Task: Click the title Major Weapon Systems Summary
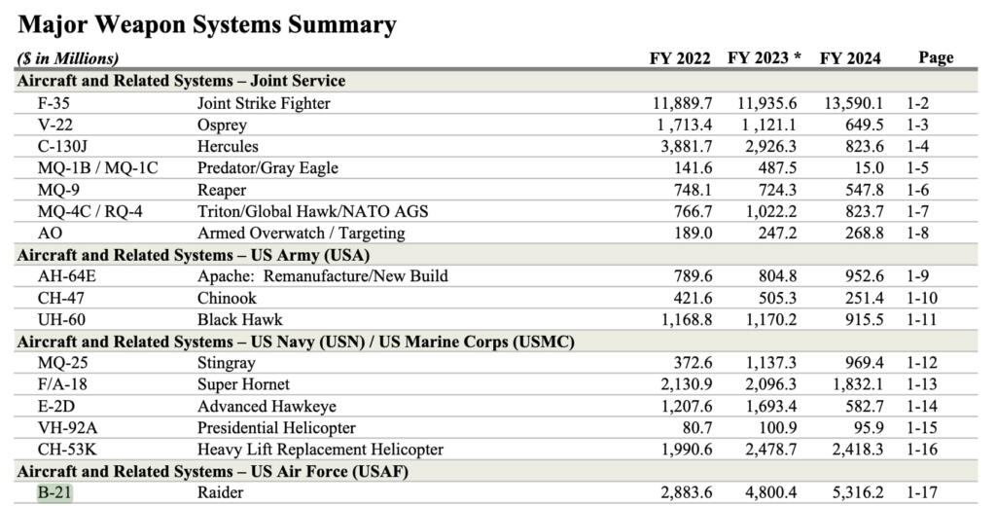pos(207,24)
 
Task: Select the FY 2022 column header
pos(680,58)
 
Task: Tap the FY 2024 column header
pos(850,58)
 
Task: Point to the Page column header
pos(936,58)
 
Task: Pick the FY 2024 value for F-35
pos(853,103)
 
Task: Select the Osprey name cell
pos(222,125)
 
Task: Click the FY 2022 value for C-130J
pos(682,146)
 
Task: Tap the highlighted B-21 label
pos(54,492)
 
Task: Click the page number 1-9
pos(921,276)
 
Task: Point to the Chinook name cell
pos(227,298)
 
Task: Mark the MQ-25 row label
pos(59,363)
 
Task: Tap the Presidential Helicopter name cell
pos(276,427)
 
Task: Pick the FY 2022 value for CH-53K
pos(682,450)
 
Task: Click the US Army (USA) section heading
pos(194,255)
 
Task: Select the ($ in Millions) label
pos(68,59)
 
